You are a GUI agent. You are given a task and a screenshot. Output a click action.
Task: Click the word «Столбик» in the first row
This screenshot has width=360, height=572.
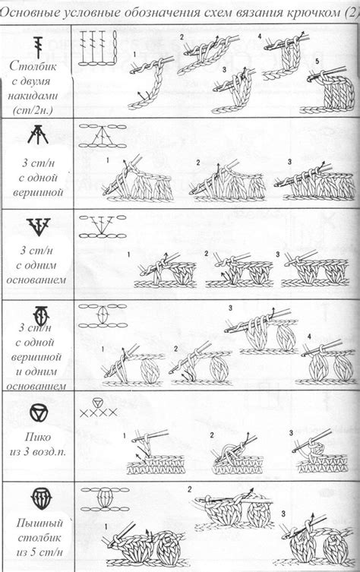[33, 66]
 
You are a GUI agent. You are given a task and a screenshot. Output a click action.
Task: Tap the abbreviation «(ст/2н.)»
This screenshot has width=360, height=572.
[33, 110]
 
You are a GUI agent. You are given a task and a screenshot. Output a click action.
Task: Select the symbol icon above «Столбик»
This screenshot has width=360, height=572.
[38, 47]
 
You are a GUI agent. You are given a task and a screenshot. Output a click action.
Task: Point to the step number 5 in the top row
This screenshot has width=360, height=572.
[317, 62]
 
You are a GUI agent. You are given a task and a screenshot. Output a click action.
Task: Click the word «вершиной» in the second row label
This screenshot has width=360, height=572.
[38, 192]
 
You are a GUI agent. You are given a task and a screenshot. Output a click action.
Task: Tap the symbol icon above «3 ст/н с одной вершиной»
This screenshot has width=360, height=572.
[37, 134]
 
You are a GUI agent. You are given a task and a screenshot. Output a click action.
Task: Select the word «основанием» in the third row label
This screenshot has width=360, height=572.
[36, 280]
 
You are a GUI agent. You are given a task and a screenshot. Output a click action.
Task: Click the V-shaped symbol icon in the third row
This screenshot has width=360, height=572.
[38, 226]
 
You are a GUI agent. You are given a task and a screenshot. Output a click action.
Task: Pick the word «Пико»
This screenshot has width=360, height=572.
[38, 437]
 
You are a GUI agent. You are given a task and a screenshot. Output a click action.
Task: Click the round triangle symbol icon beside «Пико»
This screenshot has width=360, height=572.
[39, 413]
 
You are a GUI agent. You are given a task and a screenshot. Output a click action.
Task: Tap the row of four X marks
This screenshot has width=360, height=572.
[99, 412]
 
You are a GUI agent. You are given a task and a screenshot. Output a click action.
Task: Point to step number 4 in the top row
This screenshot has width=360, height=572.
[260, 36]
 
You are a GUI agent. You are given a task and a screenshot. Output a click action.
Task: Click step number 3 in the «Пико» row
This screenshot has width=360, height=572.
[291, 433]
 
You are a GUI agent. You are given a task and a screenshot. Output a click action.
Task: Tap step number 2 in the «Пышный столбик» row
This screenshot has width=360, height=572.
[190, 489]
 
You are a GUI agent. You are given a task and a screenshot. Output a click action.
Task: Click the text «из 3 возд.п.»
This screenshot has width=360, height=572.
[38, 452]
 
